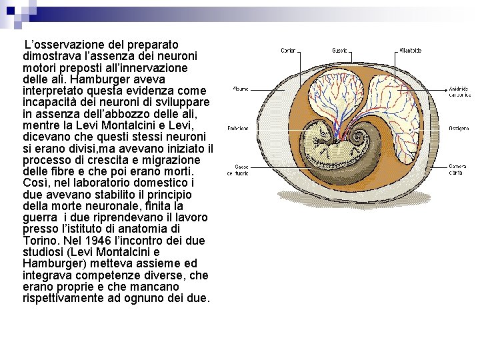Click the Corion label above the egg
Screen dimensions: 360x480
click(x=288, y=51)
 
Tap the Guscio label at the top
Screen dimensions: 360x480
click(x=339, y=51)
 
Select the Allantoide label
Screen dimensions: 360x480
click(x=409, y=51)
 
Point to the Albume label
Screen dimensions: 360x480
click(x=241, y=88)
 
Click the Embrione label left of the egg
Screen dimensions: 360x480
click(x=238, y=128)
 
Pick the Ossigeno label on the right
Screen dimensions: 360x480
click(x=458, y=128)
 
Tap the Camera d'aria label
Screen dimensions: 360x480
click(x=457, y=169)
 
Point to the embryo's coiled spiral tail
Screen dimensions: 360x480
click(x=359, y=139)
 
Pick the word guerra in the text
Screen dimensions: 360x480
click(x=39, y=217)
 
